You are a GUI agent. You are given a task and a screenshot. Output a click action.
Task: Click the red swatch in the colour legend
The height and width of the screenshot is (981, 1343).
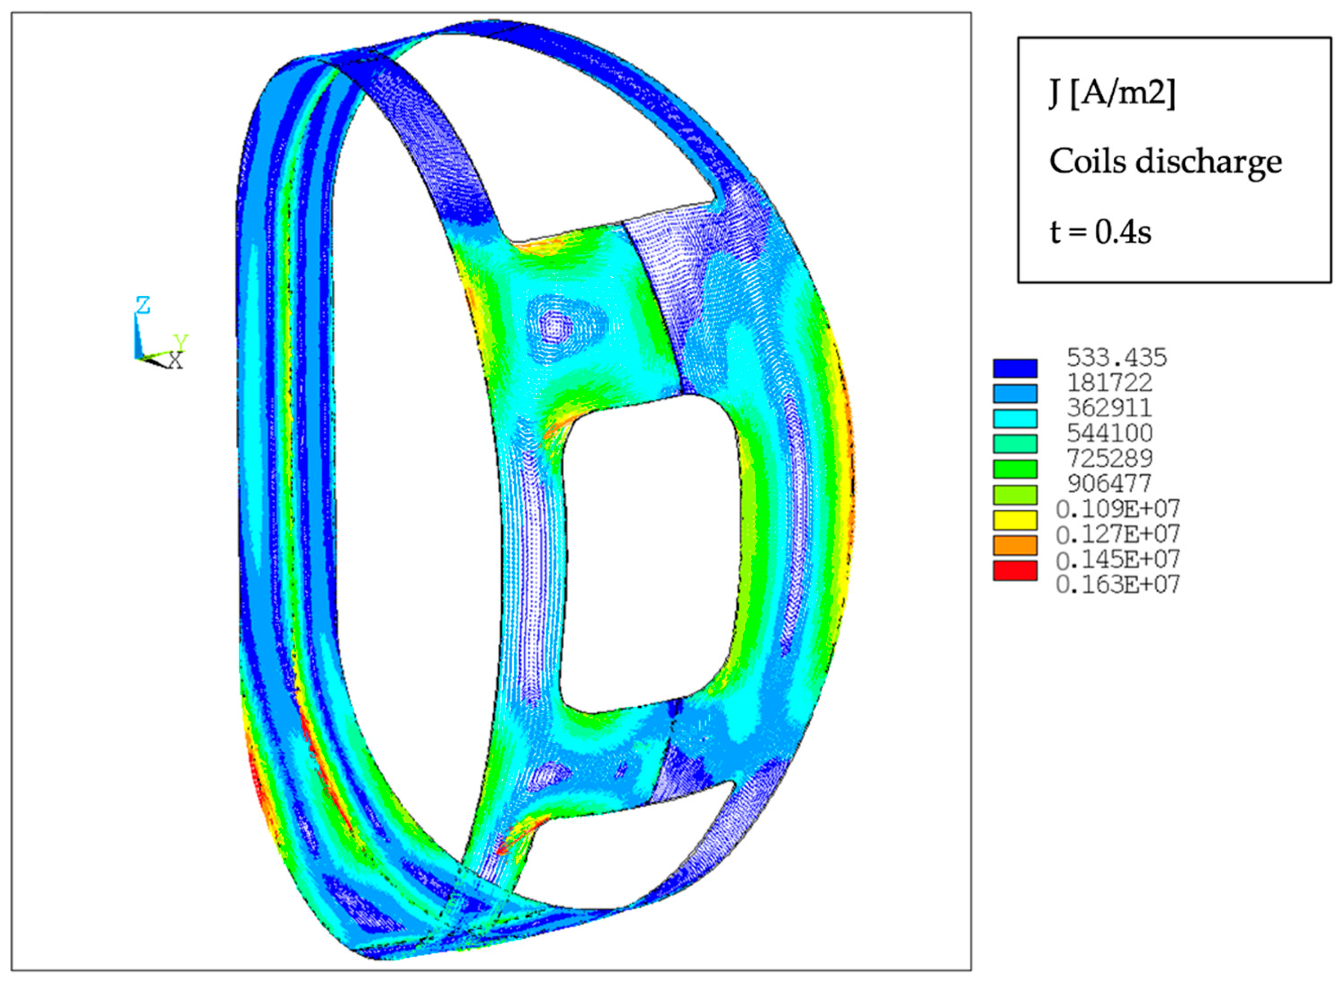(x=1015, y=571)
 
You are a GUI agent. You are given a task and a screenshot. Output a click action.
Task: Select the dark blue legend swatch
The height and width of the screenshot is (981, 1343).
(x=1015, y=368)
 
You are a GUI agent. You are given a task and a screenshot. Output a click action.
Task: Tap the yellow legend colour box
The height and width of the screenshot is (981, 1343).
(x=1015, y=520)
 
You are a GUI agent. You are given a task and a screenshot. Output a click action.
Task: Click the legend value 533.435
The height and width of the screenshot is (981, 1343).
(x=1117, y=358)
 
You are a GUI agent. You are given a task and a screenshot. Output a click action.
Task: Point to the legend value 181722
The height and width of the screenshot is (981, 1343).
(x=1110, y=383)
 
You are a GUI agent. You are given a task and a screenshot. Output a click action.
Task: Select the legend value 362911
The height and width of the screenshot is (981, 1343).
(x=1110, y=408)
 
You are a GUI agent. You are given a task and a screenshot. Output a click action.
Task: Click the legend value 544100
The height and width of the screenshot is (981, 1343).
(x=1110, y=433)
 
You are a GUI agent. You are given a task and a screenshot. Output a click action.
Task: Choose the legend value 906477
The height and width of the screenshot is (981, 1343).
(x=1110, y=483)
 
